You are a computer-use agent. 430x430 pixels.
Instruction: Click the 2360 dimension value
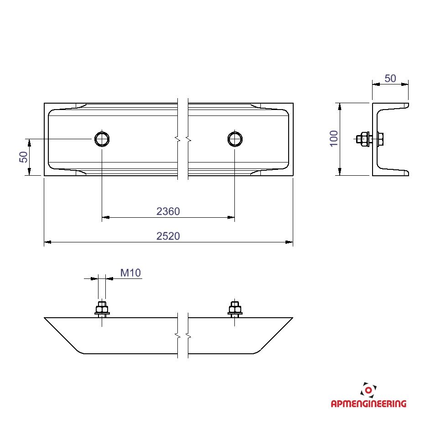tap(168, 211)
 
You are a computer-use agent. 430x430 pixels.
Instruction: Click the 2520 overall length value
tap(168, 236)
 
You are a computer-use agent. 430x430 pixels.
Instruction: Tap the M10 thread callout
tap(130, 273)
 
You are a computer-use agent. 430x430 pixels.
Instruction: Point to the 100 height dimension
tap(334, 138)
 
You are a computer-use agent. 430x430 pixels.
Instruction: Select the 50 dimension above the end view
tap(390, 79)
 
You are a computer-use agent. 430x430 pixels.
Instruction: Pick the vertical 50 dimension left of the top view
tap(24, 157)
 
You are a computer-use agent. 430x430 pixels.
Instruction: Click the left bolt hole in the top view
tap(102, 139)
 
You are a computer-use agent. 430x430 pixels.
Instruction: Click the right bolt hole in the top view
tap(235, 139)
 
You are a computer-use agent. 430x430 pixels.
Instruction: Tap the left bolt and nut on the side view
tap(102, 309)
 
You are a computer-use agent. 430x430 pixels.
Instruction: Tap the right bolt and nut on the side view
tap(235, 309)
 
